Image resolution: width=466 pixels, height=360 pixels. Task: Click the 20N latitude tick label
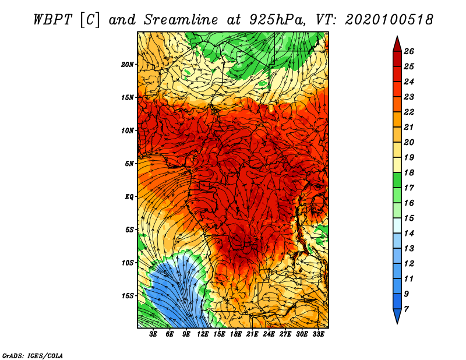128,65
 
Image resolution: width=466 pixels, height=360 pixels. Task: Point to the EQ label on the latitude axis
129,197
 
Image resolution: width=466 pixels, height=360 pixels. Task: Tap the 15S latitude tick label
128,296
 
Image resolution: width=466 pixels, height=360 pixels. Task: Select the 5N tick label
129,164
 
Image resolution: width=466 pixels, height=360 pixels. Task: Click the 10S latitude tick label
128,263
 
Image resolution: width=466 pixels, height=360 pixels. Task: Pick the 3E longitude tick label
153,334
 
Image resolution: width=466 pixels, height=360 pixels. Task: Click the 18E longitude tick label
236,334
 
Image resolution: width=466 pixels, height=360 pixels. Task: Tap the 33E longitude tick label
318,334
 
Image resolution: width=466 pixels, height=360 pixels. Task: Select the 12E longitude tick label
203,334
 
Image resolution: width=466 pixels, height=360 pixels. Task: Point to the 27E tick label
285,334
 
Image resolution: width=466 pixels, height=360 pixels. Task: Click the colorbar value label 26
409,51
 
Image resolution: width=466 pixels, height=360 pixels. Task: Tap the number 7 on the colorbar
406,309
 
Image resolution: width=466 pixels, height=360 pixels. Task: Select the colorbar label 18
409,172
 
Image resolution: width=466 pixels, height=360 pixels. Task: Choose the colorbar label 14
409,234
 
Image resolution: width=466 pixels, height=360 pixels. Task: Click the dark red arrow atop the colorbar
397,45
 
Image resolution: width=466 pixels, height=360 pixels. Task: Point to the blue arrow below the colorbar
397,315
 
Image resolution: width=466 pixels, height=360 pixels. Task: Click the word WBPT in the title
53,20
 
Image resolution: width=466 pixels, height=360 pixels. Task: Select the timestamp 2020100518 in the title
389,20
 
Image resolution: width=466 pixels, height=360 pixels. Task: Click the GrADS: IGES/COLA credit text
33,356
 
